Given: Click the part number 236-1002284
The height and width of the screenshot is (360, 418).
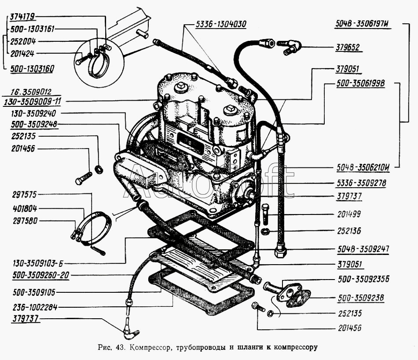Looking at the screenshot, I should [33, 307].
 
